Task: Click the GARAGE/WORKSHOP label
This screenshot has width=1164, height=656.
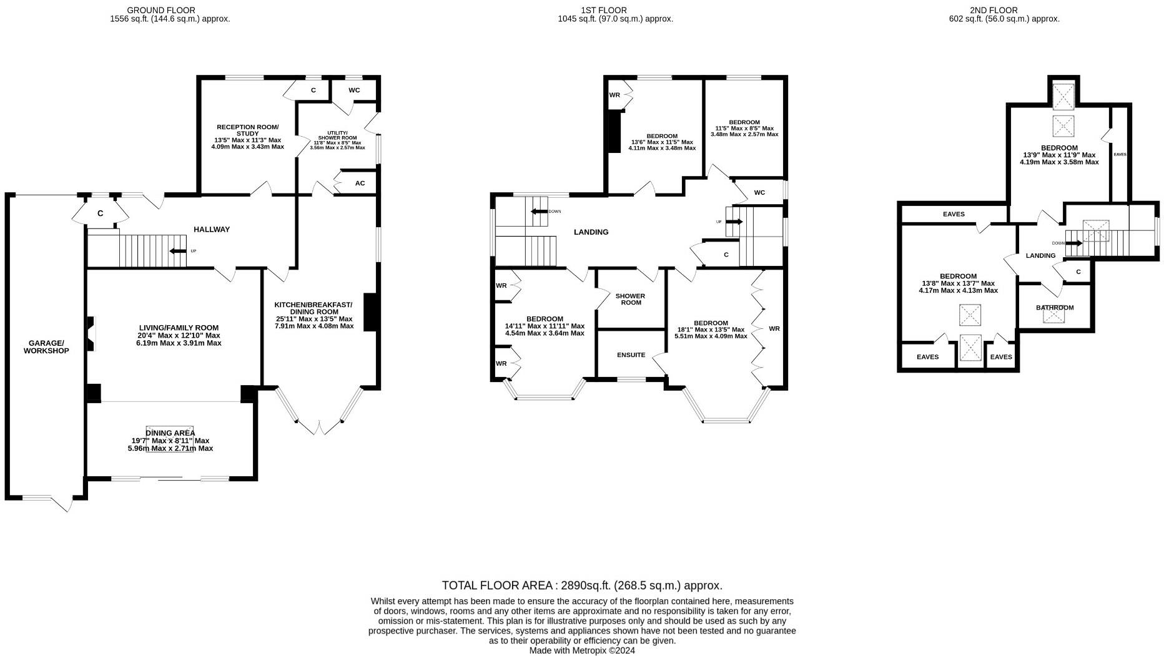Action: click(46, 347)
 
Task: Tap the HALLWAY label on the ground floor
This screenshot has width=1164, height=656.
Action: click(212, 230)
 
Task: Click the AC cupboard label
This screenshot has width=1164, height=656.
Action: click(360, 184)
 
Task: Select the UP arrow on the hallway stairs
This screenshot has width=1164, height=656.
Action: click(178, 251)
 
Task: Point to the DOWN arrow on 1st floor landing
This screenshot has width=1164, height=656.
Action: click(539, 212)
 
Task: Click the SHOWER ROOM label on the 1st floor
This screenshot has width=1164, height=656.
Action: click(630, 300)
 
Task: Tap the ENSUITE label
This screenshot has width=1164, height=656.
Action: click(631, 355)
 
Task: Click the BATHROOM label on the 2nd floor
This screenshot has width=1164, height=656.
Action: click(1055, 308)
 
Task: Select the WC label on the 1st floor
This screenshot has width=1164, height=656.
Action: click(759, 193)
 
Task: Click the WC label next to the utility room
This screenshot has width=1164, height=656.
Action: click(354, 91)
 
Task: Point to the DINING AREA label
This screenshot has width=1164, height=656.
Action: click(170, 433)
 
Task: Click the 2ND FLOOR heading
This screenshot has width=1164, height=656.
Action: click(1002, 10)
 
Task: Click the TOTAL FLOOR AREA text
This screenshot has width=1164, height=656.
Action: click(582, 585)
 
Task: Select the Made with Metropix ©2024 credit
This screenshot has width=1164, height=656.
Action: click(582, 650)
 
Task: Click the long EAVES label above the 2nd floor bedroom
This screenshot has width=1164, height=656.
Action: click(954, 214)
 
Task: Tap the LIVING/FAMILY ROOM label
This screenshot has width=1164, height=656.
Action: click(179, 328)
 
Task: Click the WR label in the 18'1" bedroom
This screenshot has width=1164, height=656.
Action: click(774, 329)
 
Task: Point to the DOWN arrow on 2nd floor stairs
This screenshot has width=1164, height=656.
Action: click(1075, 243)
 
